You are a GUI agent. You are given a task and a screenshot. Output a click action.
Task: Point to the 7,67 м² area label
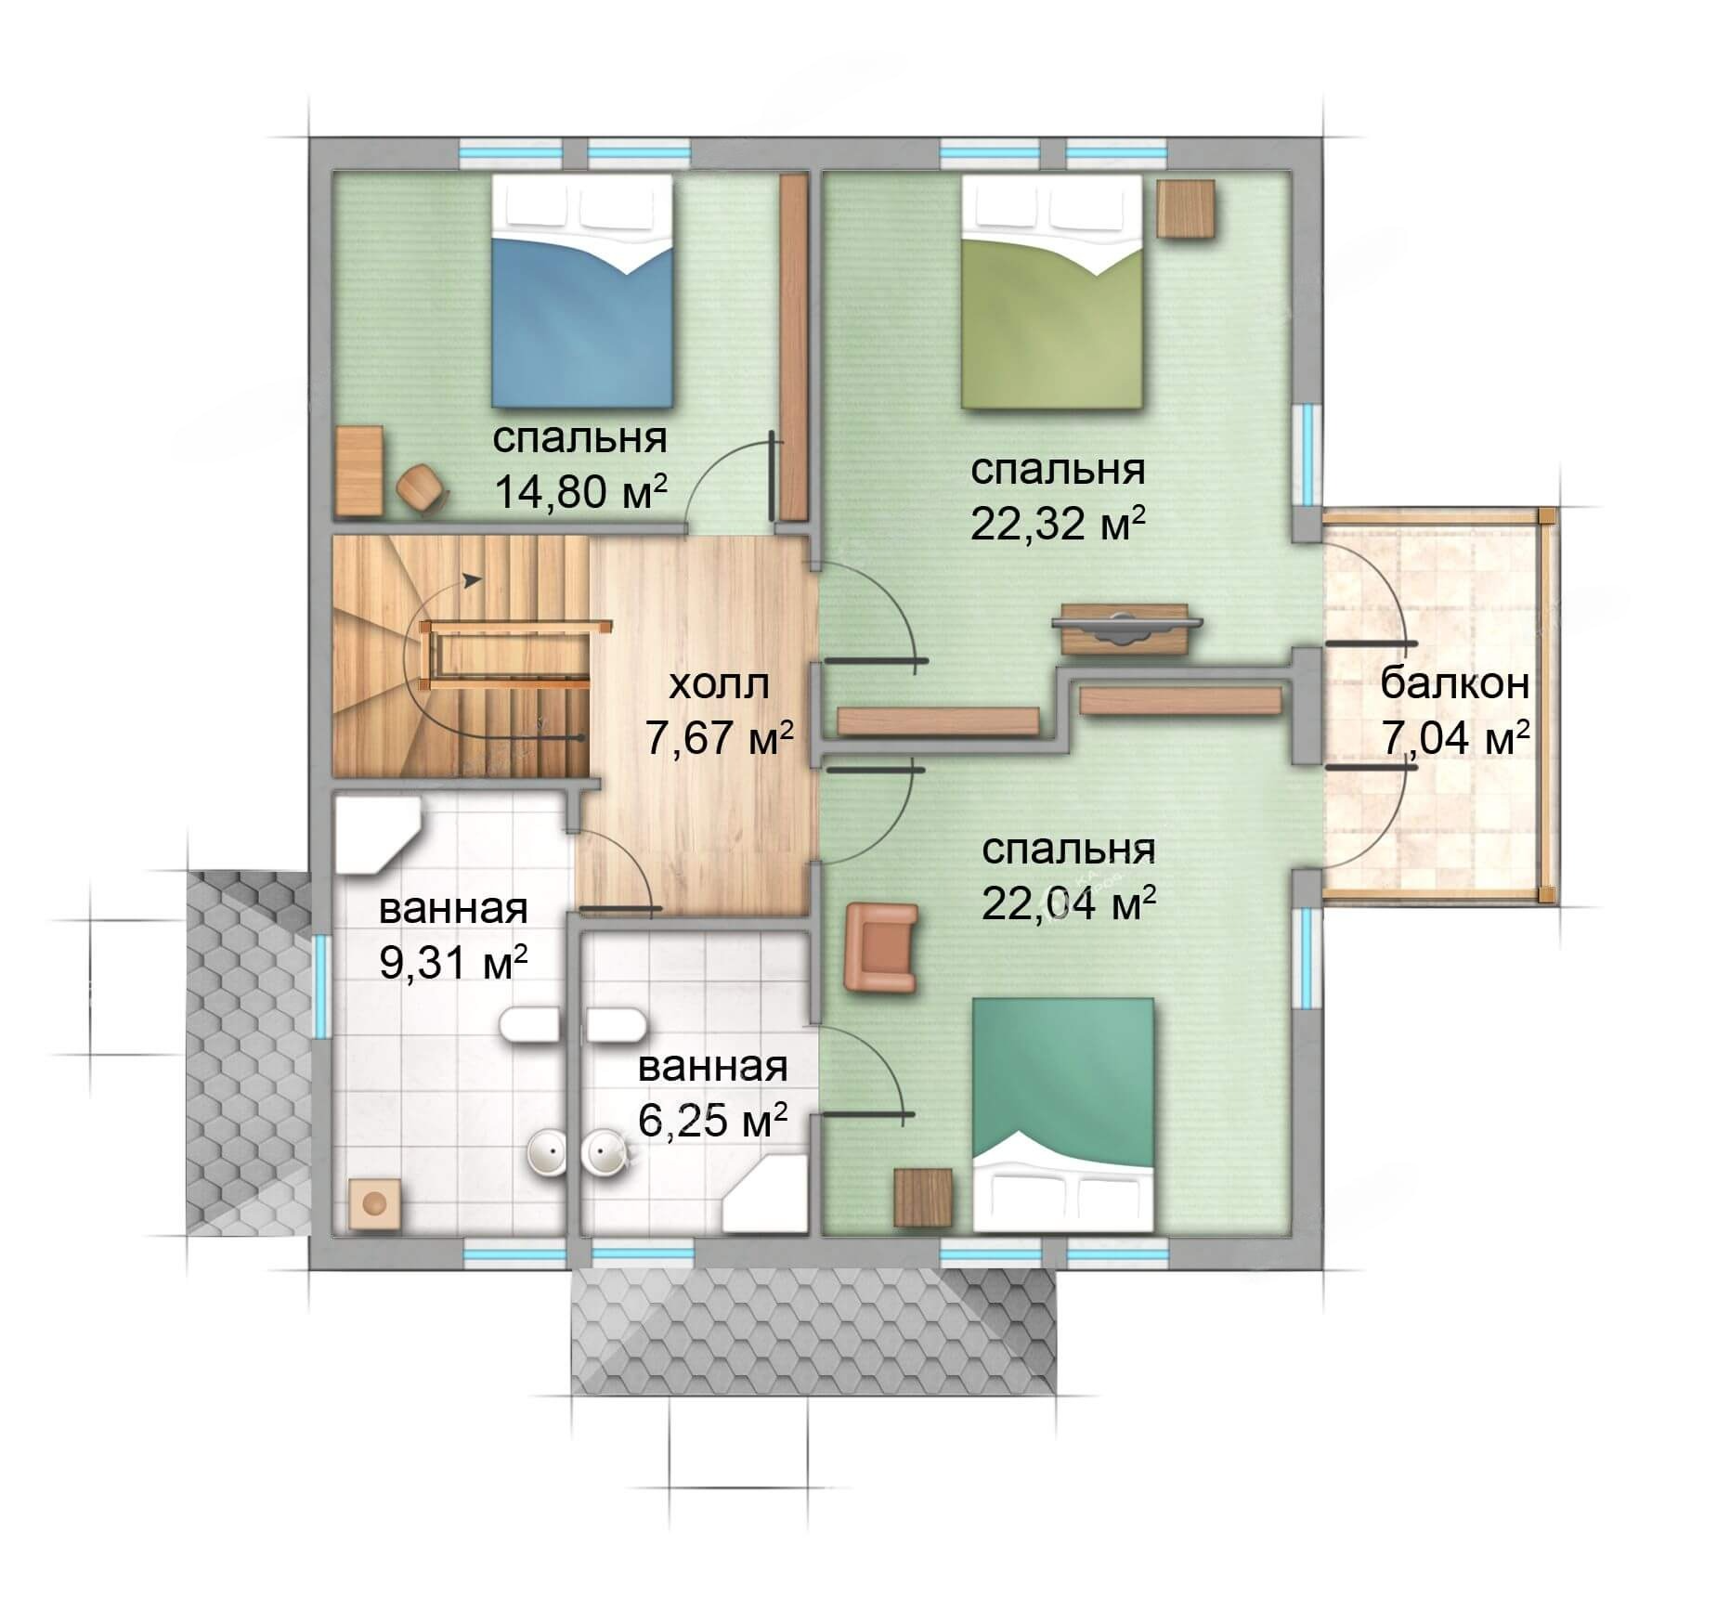tap(719, 740)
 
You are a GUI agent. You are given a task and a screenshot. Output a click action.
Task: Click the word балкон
tap(1454, 684)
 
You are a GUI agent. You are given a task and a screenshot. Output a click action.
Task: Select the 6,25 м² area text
tap(712, 1122)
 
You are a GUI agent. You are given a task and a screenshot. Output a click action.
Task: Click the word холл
tap(720, 685)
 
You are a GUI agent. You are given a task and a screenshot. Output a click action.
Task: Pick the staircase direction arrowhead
tap(473, 580)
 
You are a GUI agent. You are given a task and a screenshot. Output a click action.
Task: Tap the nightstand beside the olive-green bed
tap(1187, 208)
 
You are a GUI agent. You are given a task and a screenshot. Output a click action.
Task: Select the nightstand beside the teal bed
tap(923, 1199)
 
